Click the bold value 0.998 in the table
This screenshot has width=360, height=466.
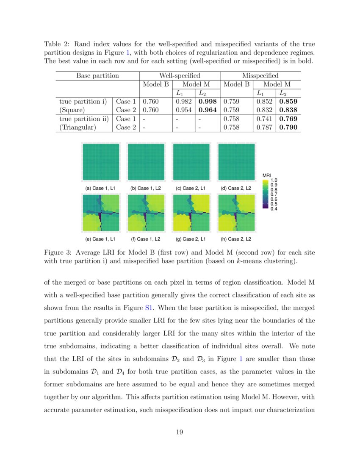click(208, 102)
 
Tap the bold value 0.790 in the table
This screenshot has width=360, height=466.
click(288, 127)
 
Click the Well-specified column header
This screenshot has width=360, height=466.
click(180, 76)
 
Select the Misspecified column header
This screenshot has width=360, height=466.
click(260, 76)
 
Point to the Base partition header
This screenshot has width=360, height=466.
click(97, 76)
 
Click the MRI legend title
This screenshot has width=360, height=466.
click(267, 176)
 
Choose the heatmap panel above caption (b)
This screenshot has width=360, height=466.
click(146, 162)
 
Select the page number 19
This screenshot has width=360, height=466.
click(180, 432)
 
